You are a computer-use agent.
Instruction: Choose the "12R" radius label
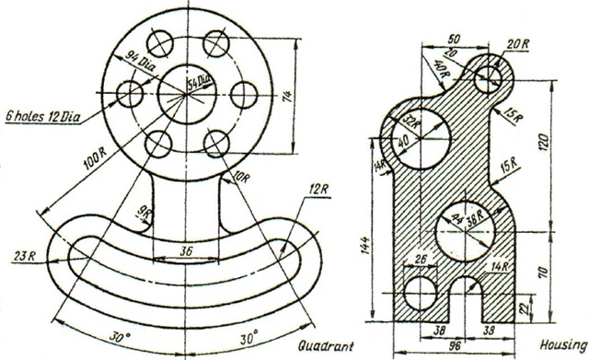click(318, 190)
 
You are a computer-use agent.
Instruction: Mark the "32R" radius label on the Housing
click(411, 121)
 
